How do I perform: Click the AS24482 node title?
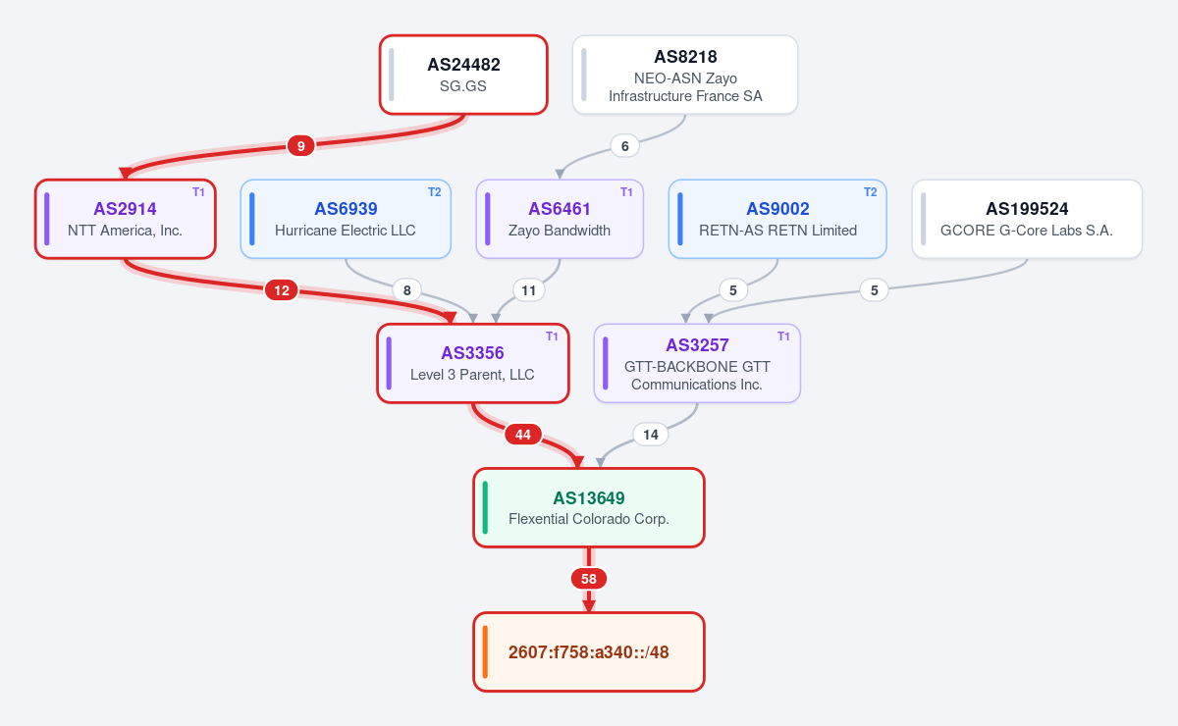coord(463,65)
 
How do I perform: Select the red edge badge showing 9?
coord(300,145)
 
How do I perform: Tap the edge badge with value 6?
coord(624,145)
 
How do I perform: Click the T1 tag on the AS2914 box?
coord(198,192)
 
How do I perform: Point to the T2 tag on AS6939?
coord(434,192)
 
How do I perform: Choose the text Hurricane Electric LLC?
coord(345,231)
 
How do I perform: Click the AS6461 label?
coord(559,209)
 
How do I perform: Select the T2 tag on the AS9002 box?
coord(871,192)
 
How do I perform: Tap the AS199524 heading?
coord(1027,209)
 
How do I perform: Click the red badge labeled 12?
coord(282,290)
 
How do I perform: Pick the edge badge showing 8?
coord(407,290)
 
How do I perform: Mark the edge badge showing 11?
coord(528,290)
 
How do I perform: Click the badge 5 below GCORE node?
coord(874,290)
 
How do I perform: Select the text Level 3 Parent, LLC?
coord(472,375)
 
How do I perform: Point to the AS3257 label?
coord(697,345)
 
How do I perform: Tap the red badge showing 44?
coord(522,435)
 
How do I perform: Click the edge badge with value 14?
coord(651,435)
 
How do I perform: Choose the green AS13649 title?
coord(588,497)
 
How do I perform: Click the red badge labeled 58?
coord(588,579)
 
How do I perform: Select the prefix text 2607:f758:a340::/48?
coord(588,651)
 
